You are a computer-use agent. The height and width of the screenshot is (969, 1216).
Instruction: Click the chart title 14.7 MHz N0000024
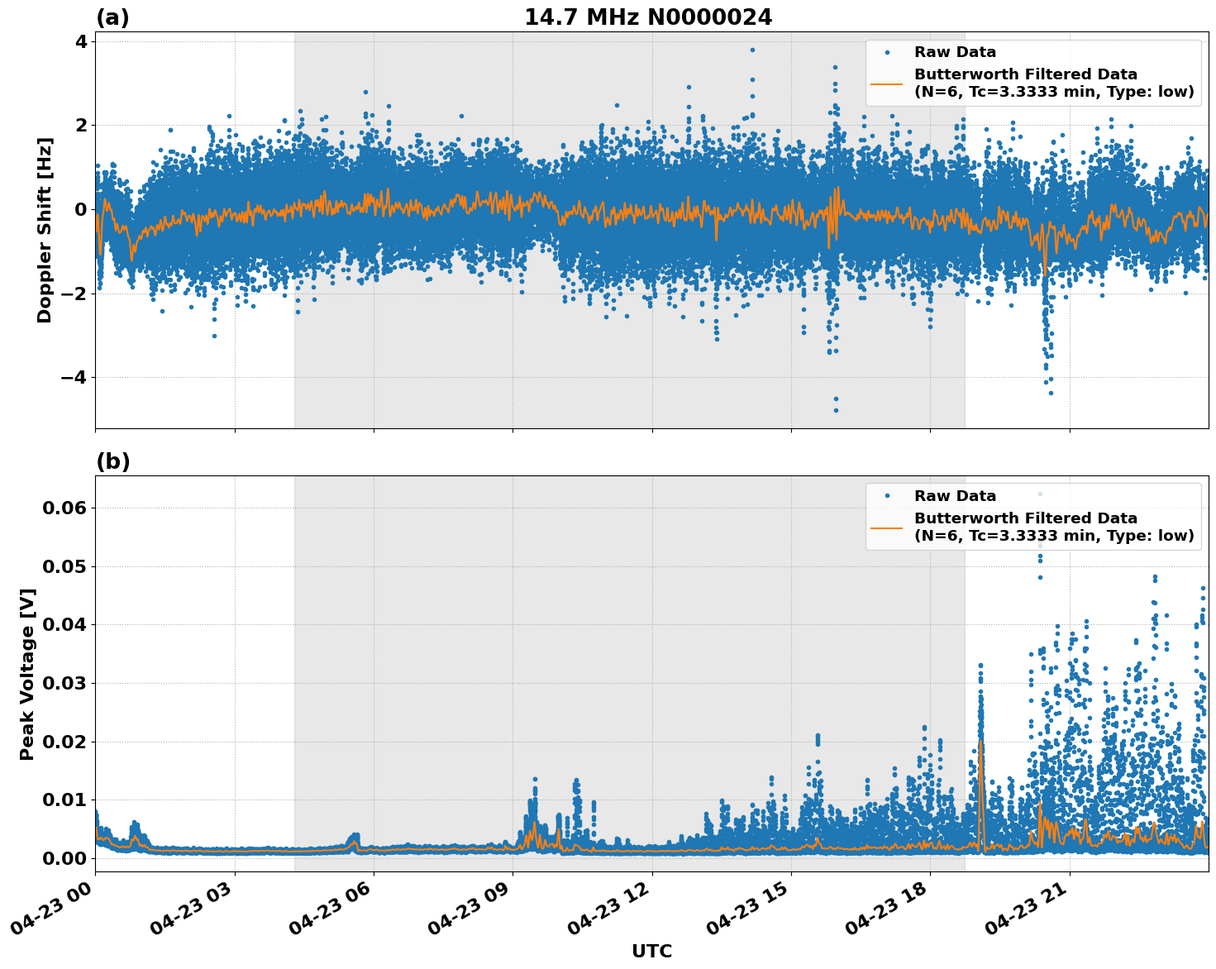648,17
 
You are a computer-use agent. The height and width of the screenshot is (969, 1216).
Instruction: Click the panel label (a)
112,17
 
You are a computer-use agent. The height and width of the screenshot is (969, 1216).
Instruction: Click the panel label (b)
112,461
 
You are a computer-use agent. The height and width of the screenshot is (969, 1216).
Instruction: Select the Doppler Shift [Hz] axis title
45,230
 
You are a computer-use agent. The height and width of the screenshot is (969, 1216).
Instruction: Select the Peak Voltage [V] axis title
27,674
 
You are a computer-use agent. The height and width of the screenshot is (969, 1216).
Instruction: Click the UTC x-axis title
651,951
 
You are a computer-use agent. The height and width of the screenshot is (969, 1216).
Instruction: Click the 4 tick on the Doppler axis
81,41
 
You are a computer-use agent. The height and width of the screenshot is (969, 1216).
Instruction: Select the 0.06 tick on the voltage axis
64,508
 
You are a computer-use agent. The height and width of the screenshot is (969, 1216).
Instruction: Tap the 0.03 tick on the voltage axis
64,683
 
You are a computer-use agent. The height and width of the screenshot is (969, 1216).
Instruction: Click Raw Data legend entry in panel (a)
955,52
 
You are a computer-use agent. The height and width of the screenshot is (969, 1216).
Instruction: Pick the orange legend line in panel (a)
887,83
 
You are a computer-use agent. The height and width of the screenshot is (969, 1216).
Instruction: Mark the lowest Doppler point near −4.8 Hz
835,410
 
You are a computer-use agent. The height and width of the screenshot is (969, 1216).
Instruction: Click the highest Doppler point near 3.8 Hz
752,50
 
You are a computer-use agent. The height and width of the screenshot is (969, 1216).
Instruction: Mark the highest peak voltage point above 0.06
1040,494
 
